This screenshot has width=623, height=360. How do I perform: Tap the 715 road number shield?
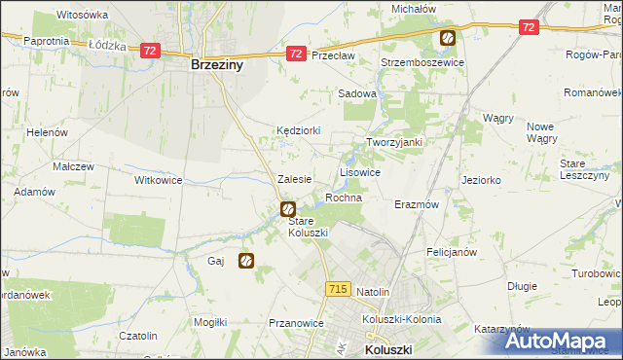click(x=338, y=289)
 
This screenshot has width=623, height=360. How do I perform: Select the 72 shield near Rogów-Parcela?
click(x=528, y=28)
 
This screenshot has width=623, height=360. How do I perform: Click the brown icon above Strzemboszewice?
click(x=447, y=39)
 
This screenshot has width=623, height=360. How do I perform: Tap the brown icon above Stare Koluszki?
click(x=288, y=208)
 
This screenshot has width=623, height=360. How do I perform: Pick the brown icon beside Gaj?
click(x=246, y=261)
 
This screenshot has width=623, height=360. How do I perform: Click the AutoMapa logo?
click(x=561, y=341)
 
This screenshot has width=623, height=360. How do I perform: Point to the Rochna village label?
click(x=344, y=198)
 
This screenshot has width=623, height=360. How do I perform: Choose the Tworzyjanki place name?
click(x=393, y=142)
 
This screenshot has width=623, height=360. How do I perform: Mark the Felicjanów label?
click(x=451, y=251)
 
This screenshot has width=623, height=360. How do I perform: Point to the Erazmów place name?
click(x=417, y=205)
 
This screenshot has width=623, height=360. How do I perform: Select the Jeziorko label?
click(x=481, y=180)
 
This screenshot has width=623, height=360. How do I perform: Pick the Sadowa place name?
click(x=356, y=93)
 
